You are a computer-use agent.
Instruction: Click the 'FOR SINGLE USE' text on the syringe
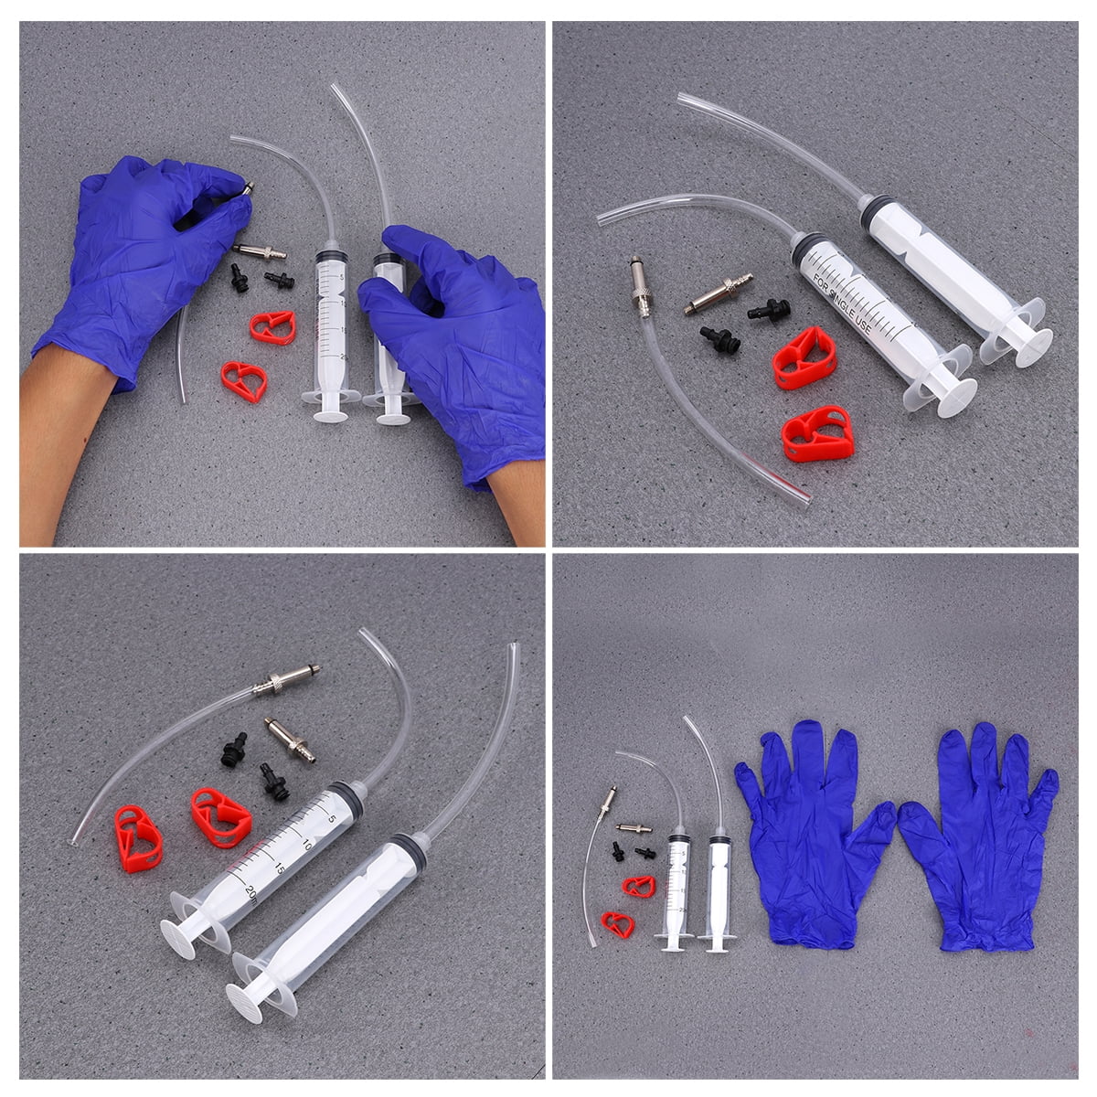(845, 306)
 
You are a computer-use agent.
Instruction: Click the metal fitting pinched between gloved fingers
(247, 189)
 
